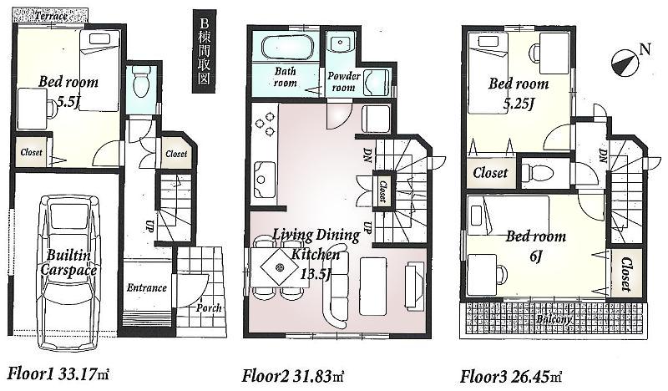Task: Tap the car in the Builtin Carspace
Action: tap(69, 263)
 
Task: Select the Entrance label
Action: tap(147, 288)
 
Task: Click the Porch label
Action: tap(209, 308)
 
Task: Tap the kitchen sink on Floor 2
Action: tap(264, 175)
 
